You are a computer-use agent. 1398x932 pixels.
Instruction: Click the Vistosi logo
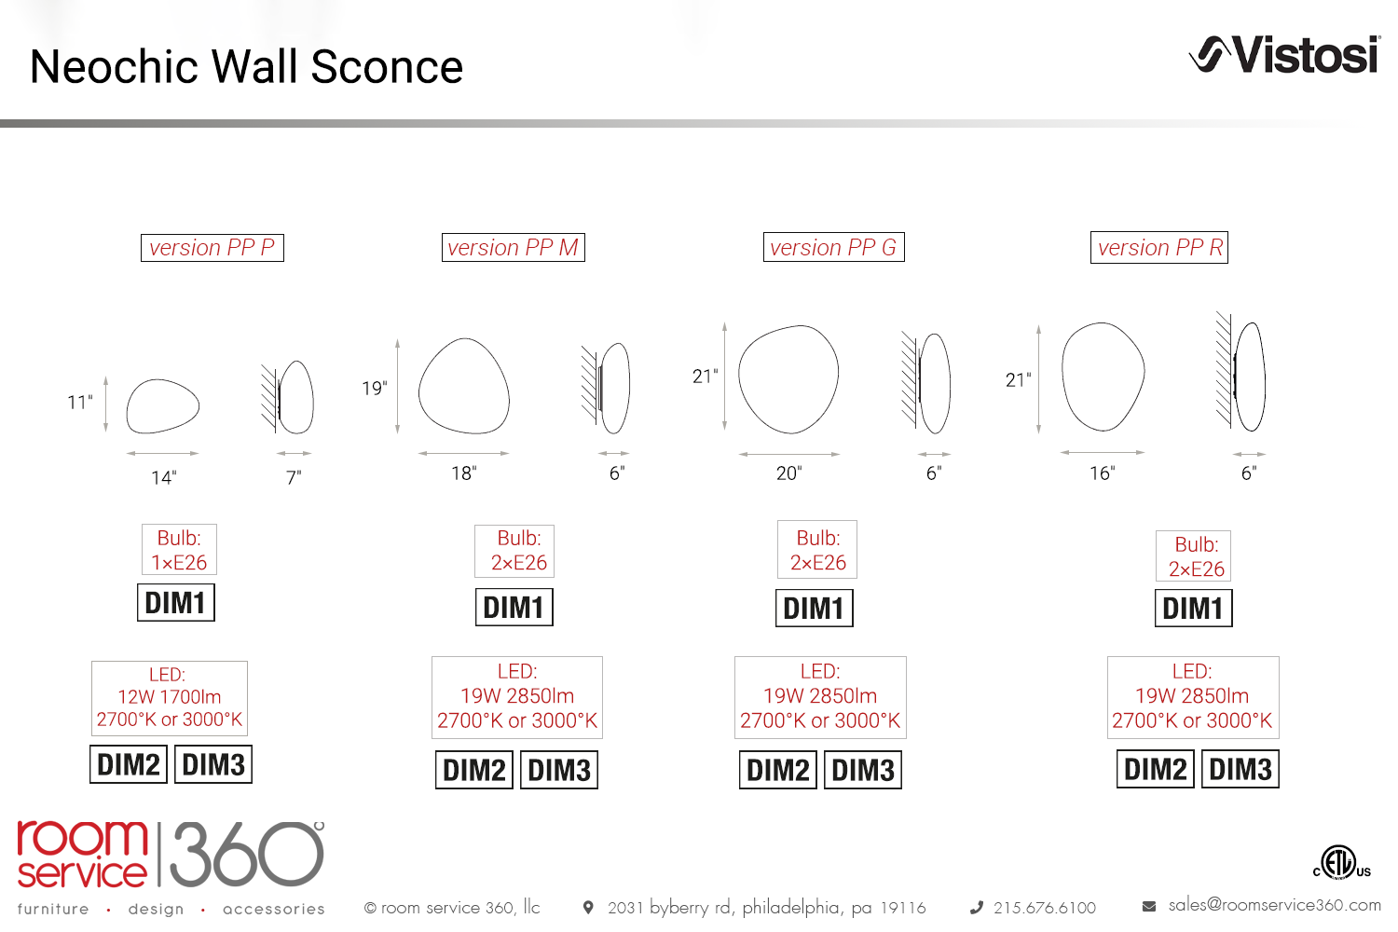point(1284,55)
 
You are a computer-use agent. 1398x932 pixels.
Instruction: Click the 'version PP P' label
point(212,248)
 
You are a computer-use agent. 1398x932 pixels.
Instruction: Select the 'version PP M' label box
point(513,248)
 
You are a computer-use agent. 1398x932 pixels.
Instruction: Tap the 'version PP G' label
point(834,247)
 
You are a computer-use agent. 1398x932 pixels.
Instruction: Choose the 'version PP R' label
point(1159,247)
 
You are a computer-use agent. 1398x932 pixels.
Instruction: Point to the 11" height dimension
point(80,402)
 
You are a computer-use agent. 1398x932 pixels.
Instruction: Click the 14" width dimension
point(164,477)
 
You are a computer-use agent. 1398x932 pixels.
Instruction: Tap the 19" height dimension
point(375,389)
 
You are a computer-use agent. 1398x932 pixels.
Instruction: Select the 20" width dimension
point(788,473)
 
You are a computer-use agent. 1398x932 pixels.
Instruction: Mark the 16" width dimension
point(1103,473)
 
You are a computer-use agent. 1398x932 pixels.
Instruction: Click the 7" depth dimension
point(294,477)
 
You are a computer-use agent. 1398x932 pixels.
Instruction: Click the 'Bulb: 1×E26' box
point(179,549)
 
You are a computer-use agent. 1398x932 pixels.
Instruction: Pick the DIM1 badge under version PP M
point(514,607)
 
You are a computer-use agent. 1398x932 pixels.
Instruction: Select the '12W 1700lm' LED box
point(169,698)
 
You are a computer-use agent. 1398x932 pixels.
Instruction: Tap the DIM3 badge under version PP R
point(1240,769)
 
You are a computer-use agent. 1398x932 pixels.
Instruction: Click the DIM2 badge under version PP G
point(777,770)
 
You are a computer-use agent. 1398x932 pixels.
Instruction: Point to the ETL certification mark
point(1342,863)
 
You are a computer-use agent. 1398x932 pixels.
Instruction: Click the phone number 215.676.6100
point(1044,908)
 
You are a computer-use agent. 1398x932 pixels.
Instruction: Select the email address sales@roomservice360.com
point(1274,905)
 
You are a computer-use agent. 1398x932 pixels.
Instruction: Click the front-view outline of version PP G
point(739,375)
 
